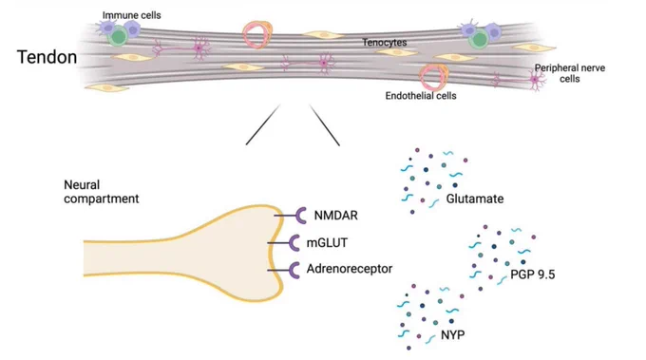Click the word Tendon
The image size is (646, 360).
(47, 57)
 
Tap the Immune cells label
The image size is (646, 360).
(131, 15)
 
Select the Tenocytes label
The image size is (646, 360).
(385, 42)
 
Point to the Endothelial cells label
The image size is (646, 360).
(421, 96)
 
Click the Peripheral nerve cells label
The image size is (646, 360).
(570, 73)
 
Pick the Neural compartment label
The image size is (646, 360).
(102, 192)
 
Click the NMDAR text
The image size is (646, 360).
(335, 216)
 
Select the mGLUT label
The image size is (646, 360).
(327, 242)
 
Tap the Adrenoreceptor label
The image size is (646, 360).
(350, 269)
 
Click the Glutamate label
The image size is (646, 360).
(475, 199)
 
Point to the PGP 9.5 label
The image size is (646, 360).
(532, 274)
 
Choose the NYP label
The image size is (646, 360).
(453, 334)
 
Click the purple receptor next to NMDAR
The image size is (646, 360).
(300, 216)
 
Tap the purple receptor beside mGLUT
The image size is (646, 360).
(294, 243)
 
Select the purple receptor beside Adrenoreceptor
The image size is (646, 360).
(294, 270)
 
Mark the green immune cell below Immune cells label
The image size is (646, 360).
(118, 36)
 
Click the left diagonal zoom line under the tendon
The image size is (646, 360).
(263, 124)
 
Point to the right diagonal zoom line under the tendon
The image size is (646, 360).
(325, 125)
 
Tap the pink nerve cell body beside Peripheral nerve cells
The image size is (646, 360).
(536, 80)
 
